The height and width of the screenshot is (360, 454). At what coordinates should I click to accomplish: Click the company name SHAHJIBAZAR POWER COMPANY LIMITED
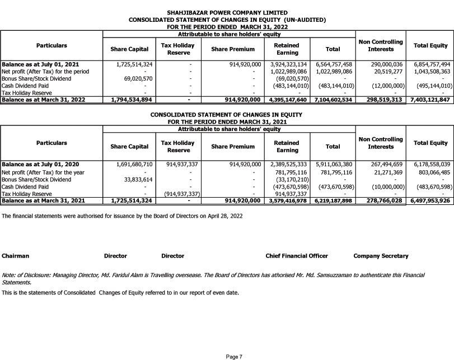(x=227, y=12)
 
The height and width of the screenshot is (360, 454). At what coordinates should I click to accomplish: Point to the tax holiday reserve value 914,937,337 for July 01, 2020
(x=179, y=164)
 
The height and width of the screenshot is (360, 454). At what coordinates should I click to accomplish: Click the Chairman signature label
(x=15, y=256)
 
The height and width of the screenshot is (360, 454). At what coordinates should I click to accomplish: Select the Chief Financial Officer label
(x=297, y=256)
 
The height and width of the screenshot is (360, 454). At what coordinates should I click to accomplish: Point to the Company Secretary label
(x=381, y=256)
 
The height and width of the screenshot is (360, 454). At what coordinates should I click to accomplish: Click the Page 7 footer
(x=234, y=356)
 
